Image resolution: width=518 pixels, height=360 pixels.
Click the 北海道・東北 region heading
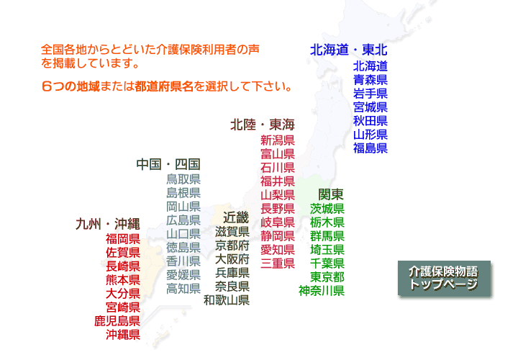348,50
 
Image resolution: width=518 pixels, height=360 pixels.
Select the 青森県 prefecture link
371,80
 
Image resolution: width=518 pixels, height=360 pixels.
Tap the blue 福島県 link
371,148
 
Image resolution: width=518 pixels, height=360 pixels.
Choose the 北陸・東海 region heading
263,125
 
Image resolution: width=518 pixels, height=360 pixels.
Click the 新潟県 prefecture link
278,140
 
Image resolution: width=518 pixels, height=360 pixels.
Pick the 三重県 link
278,264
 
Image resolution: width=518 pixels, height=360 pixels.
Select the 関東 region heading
331,194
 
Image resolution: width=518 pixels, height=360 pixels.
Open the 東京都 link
327,277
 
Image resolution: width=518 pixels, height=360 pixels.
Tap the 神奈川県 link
322,291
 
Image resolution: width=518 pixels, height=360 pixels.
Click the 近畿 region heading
236,217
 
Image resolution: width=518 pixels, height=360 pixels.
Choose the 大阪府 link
232,259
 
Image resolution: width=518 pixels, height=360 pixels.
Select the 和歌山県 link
227,300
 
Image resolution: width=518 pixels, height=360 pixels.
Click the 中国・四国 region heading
168,164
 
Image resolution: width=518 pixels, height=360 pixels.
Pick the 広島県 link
183,220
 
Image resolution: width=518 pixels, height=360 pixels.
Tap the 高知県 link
183,289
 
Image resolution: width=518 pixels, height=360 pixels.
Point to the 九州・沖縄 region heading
108,224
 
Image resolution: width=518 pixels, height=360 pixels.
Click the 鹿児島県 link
117,321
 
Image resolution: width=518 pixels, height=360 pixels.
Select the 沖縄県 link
123,335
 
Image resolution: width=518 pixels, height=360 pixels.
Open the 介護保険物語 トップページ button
444,279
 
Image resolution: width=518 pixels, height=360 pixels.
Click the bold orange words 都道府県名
164,86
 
